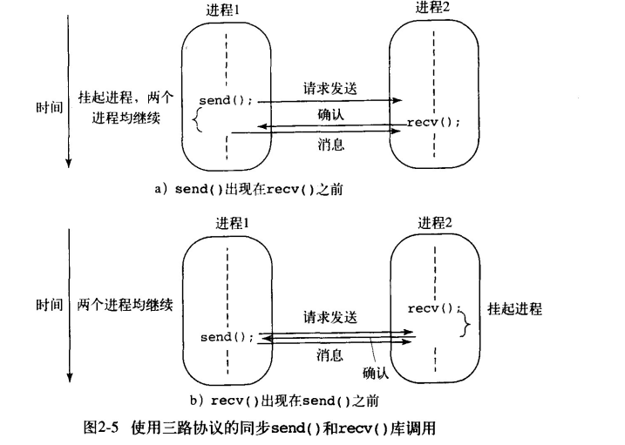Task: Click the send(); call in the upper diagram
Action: coord(226,100)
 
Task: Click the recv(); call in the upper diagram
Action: coord(433,123)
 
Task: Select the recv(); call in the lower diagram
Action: coord(433,308)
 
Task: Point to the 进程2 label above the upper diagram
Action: coord(435,8)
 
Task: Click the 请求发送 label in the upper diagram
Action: coord(329,88)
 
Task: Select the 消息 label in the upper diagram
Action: coord(329,145)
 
